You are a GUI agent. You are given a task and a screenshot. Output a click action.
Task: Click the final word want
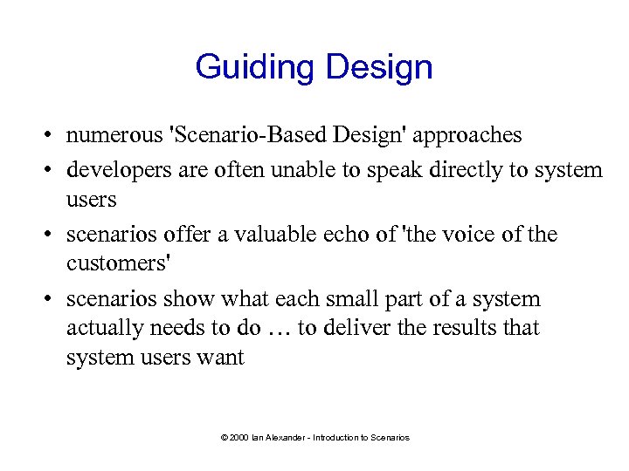coord(222,358)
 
